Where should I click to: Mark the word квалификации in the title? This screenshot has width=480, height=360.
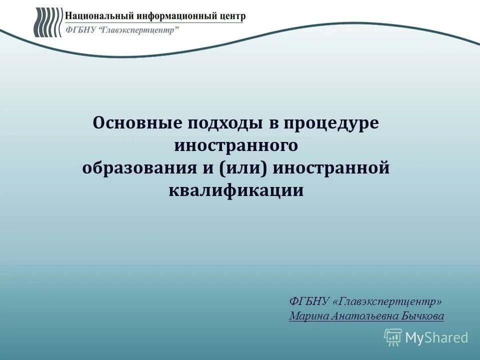(236, 190)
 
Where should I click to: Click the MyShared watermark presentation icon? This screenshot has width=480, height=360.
(393, 337)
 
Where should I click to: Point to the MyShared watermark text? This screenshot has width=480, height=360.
(436, 338)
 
